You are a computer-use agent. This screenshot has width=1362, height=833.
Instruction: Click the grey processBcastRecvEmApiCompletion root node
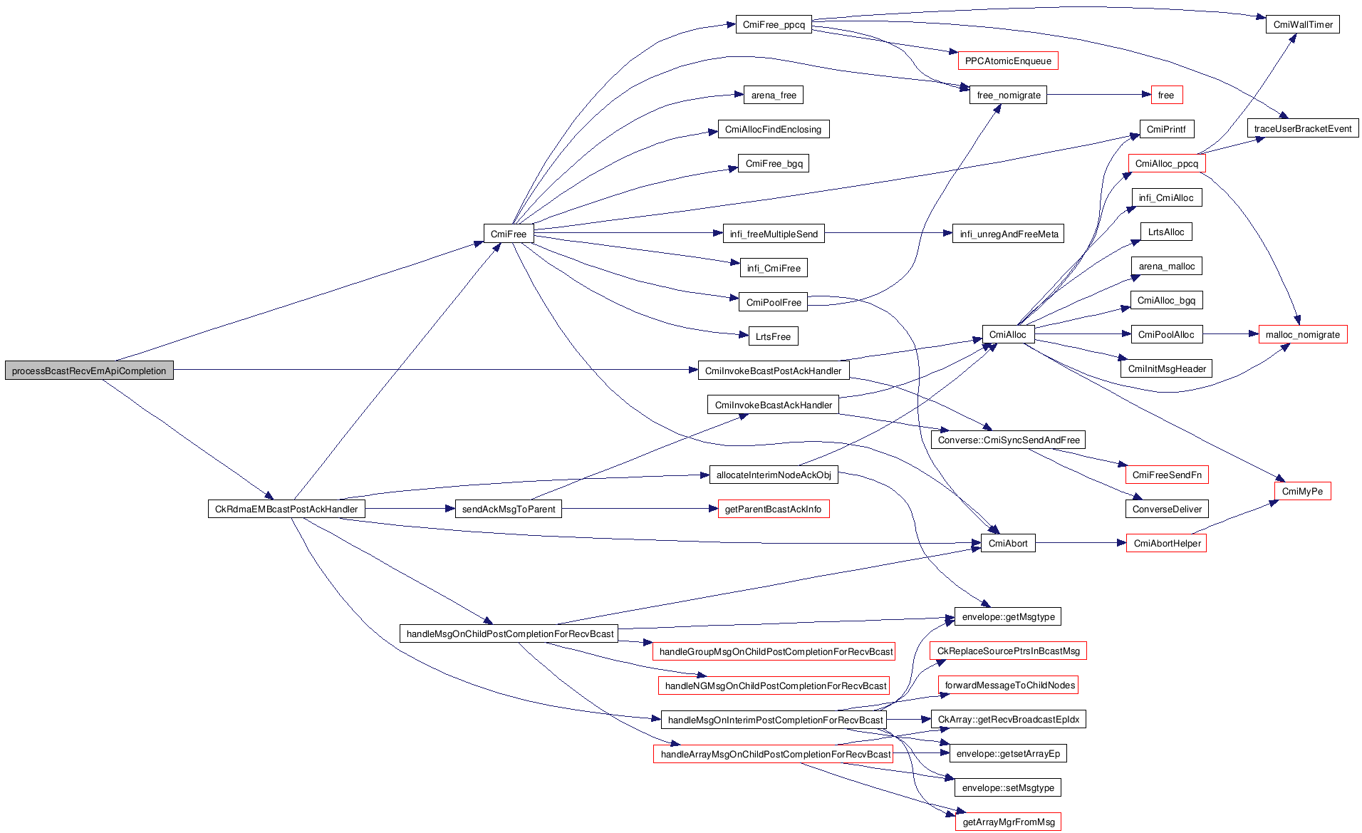tap(89, 371)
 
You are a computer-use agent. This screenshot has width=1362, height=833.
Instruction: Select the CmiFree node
tap(509, 234)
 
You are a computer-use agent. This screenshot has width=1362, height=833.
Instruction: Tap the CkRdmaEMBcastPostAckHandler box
tap(286, 509)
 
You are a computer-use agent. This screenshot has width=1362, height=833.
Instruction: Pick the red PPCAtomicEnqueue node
tap(1008, 61)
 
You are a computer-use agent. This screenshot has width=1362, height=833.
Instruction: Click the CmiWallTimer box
tap(1303, 24)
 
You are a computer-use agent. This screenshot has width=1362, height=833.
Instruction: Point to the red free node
tap(1166, 95)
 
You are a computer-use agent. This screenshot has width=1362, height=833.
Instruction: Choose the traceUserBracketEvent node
tap(1303, 129)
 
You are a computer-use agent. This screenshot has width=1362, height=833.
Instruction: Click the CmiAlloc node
tap(1008, 334)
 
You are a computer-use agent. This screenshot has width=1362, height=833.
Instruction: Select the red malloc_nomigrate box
tap(1303, 334)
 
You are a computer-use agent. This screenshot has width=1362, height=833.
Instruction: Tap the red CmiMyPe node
tap(1302, 491)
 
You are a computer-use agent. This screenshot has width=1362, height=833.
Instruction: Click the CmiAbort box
tap(1008, 543)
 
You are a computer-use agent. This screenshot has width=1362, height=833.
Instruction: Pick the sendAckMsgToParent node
tap(509, 509)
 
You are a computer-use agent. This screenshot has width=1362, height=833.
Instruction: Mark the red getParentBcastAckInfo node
tap(773, 509)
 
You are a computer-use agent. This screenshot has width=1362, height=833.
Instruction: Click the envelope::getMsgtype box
tap(1008, 616)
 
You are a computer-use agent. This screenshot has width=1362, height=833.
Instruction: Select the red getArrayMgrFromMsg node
tap(1008, 822)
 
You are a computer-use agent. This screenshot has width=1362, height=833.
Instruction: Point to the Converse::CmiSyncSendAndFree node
tap(1008, 440)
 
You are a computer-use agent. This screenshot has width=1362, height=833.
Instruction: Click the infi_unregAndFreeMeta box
tap(1008, 234)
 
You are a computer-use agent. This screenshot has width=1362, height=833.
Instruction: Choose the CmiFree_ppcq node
tap(774, 24)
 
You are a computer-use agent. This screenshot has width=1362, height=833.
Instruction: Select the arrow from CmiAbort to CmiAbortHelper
tap(1081, 543)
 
